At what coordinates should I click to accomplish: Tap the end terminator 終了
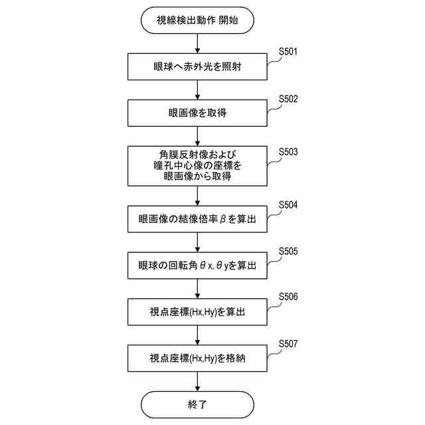198,404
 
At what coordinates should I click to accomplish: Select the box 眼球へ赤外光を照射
198,66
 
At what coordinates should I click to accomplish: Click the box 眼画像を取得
198,113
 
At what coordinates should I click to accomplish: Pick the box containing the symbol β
198,218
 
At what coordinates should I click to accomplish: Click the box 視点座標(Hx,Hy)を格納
198,359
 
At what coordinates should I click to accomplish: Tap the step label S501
288,52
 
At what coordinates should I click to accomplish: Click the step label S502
288,99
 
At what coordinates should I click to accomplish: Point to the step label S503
288,152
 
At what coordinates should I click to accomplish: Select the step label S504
288,205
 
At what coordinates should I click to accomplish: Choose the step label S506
288,297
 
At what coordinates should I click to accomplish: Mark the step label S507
288,344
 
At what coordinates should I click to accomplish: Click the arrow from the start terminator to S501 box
198,43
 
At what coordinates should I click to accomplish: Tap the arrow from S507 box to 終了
198,381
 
